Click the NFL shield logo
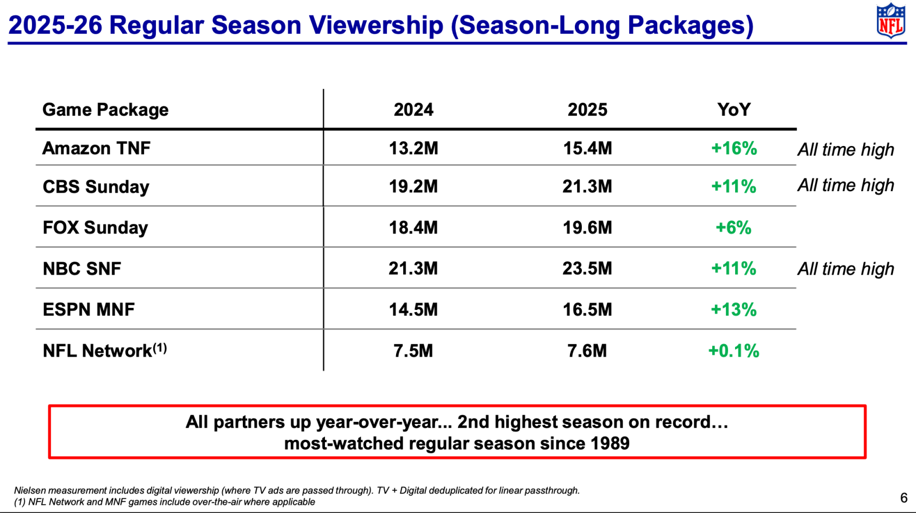[891, 21]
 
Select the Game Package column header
[105, 110]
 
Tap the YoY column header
[733, 110]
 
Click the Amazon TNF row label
[96, 148]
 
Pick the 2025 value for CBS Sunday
[587, 187]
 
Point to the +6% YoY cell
[733, 227]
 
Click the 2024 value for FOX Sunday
[413, 227]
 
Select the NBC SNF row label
[82, 269]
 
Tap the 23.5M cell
[587, 269]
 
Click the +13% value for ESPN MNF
[733, 310]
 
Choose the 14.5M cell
[413, 310]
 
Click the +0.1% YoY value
[733, 351]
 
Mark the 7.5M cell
[413, 351]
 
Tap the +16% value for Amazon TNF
[733, 148]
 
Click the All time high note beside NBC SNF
[845, 269]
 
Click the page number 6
[904, 498]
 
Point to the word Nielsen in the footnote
[29, 491]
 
